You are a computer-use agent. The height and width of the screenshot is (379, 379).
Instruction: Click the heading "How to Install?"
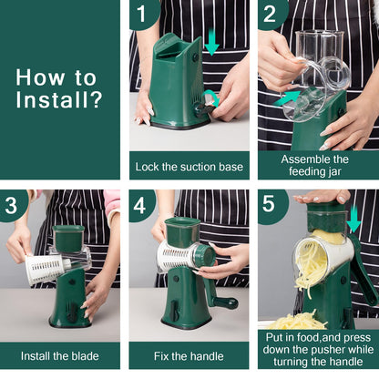click(59, 88)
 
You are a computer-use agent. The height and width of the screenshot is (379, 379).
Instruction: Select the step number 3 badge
click(13, 205)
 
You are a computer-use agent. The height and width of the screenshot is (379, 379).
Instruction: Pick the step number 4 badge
click(141, 205)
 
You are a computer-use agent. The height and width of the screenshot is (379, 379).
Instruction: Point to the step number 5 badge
click(271, 205)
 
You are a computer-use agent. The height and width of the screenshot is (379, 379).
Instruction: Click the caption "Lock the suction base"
click(189, 166)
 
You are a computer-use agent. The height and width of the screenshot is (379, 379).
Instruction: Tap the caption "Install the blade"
click(59, 355)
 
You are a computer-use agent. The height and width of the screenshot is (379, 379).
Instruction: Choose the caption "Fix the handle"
click(189, 355)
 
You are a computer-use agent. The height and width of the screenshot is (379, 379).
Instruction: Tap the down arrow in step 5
click(353, 219)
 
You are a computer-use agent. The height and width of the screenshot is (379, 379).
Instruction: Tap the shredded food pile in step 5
click(296, 321)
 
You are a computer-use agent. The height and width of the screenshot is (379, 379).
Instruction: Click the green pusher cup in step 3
click(69, 239)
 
